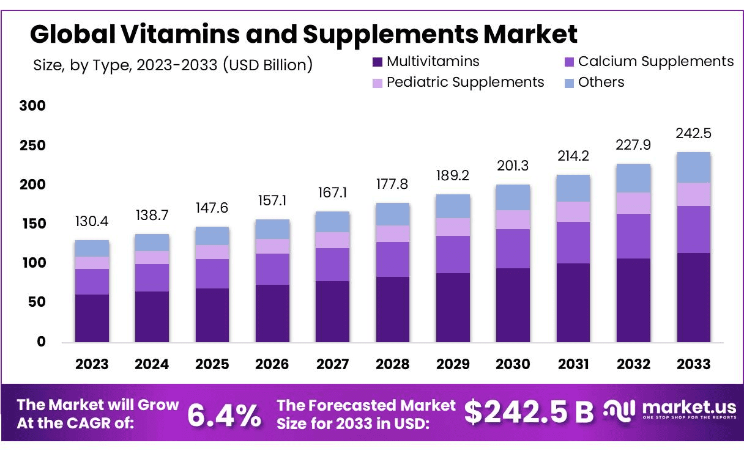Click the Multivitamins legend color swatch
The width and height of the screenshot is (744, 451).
pyautogui.click(x=378, y=62)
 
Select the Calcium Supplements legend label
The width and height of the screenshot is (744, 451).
pyautogui.click(x=655, y=62)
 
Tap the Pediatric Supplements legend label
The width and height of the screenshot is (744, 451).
pyautogui.click(x=465, y=82)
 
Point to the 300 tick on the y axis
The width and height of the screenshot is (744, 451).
pyautogui.click(x=32, y=106)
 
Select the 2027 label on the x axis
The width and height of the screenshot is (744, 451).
pyautogui.click(x=332, y=364)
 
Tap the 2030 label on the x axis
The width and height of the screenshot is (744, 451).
pyautogui.click(x=513, y=364)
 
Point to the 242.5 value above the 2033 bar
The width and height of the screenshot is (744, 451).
pyautogui.click(x=693, y=134)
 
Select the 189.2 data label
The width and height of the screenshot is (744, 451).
pyautogui.click(x=453, y=176)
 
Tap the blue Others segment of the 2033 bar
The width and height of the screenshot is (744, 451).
pyautogui.click(x=693, y=167)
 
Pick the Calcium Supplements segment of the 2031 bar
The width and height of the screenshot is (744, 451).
pyautogui.click(x=573, y=243)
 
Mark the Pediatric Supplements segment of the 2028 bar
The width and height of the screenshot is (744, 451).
pyautogui.click(x=393, y=234)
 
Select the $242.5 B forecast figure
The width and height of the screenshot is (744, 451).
pyautogui.click(x=529, y=413)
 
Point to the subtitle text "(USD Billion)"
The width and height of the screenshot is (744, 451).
pyautogui.click(x=267, y=65)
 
